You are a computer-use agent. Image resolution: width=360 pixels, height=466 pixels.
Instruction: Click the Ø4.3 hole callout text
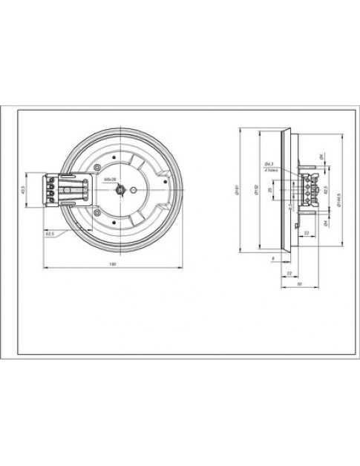(x=269, y=163)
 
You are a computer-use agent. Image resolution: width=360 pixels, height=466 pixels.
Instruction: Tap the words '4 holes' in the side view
(x=270, y=169)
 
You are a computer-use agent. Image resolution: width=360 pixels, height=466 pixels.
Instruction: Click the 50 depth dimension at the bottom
(x=298, y=284)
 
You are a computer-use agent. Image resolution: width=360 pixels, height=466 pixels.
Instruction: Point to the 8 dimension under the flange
(x=272, y=257)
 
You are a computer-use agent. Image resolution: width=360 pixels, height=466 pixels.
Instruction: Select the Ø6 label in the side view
(x=320, y=157)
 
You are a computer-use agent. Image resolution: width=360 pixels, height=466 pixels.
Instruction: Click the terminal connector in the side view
(x=307, y=192)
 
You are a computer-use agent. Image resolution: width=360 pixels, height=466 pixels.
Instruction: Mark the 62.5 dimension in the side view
(x=327, y=191)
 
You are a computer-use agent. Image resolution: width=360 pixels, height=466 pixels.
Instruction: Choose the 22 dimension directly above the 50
(x=289, y=272)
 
